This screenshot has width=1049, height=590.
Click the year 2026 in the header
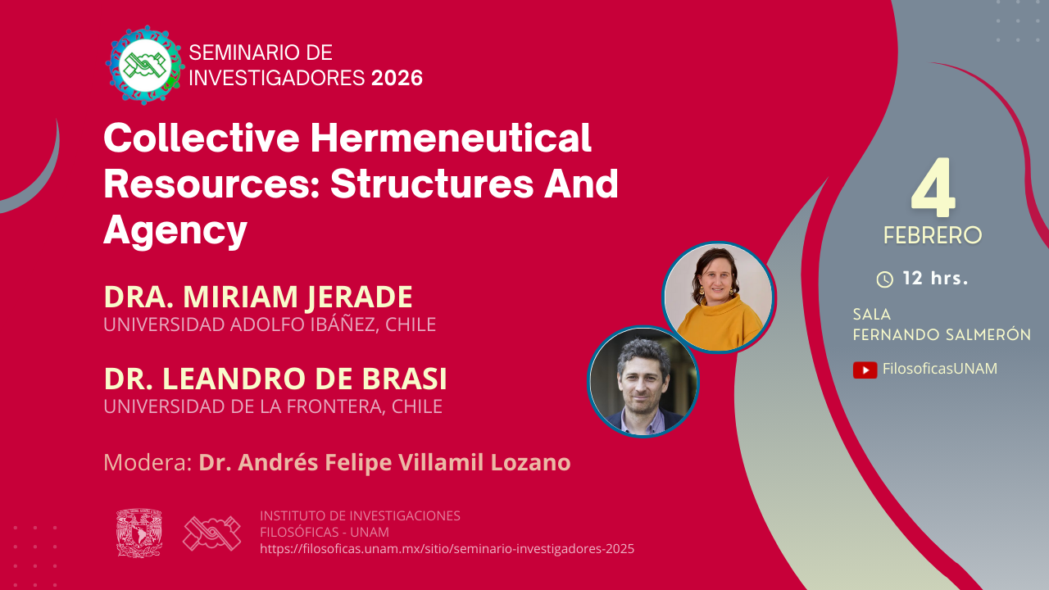pos(397,78)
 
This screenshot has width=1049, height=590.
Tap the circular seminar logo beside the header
pos(145,65)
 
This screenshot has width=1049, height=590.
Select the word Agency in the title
pos(175,230)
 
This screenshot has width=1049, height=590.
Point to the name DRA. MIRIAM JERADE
pos(258,297)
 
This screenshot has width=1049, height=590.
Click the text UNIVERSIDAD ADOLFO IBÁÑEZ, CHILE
pos(270,324)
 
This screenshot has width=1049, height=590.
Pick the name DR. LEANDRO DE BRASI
pos(275,379)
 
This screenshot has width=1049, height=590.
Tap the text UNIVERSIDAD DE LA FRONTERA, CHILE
pos(273,406)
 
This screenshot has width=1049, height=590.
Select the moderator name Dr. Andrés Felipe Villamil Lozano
pos(384,462)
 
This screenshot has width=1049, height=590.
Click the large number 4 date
pos(933,188)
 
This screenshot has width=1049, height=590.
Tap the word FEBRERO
pos(933,235)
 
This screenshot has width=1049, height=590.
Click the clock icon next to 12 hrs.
pos(884,279)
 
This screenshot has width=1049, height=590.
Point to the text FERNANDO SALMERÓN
pos(942,334)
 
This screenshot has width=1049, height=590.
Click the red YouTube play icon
pos(865,370)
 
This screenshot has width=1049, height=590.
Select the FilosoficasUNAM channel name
pos(940,369)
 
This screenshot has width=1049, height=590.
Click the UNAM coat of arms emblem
pos(139,533)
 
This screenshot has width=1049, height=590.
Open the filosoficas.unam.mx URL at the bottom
pos(447,549)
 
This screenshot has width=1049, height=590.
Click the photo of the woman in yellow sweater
pos(719,297)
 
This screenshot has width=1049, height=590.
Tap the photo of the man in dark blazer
pos(643,382)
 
